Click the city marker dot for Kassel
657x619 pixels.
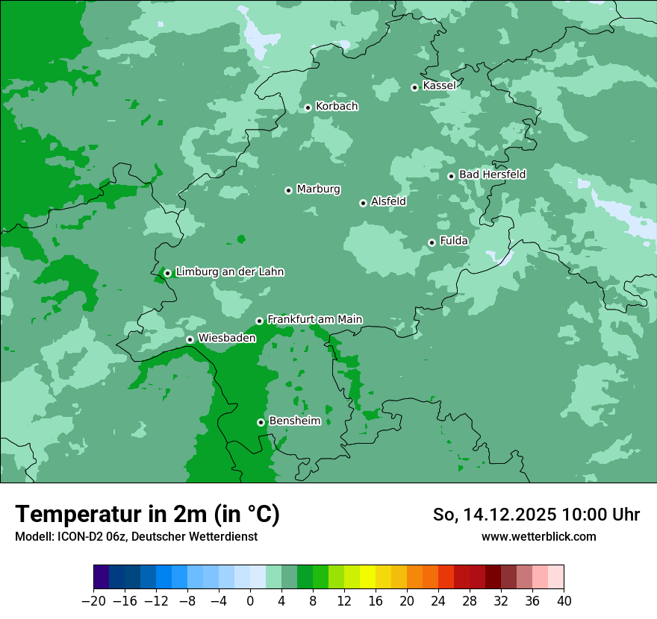tap(414, 87)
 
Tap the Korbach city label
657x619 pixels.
tap(337, 107)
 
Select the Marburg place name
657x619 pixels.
tap(318, 189)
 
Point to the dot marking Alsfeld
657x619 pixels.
tap(363, 203)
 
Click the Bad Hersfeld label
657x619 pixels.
tap(492, 175)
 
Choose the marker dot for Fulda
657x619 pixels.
tap(432, 242)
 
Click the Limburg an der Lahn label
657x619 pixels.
tap(229, 272)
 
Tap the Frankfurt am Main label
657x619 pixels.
tap(314, 319)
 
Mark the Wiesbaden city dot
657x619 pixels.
tap(190, 339)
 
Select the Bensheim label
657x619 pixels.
tap(294, 421)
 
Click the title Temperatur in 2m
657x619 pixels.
tap(147, 515)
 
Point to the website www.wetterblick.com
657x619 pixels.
tap(538, 537)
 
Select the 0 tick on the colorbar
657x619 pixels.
tap(250, 601)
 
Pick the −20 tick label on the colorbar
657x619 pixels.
tap(93, 601)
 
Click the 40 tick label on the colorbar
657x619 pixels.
tap(564, 601)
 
